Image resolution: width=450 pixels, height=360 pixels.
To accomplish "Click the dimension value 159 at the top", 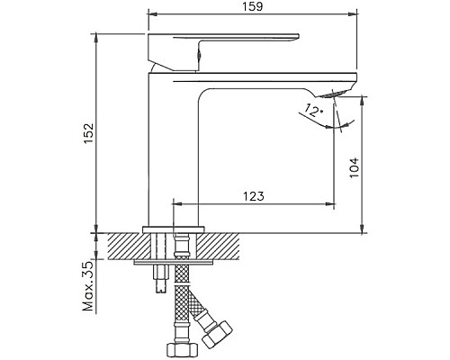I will click(251, 8).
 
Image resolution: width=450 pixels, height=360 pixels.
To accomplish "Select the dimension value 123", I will click(254, 196).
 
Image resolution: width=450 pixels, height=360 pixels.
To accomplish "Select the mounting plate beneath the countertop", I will click(175, 263).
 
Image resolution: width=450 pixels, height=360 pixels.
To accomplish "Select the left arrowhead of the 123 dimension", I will click(175, 205).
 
